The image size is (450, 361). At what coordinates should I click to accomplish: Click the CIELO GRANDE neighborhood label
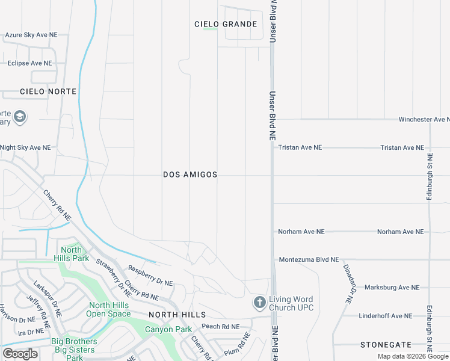[226, 24]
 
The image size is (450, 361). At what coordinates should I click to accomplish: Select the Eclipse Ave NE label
[29, 63]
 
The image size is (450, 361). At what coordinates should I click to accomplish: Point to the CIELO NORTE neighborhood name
[48, 91]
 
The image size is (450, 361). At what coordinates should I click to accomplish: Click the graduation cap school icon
[20, 116]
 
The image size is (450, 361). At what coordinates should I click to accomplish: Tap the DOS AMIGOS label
[190, 174]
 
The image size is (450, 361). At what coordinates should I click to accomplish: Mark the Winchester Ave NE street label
[424, 120]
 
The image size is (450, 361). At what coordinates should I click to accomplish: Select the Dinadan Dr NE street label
[348, 283]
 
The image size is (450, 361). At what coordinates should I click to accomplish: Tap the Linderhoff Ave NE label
[385, 316]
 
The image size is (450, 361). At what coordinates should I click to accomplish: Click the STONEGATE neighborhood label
[386, 345]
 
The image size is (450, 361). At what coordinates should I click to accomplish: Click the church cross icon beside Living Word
[259, 302]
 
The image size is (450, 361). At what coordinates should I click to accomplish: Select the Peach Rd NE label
[220, 327]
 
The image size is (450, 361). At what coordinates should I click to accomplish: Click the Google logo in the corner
[20, 354]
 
